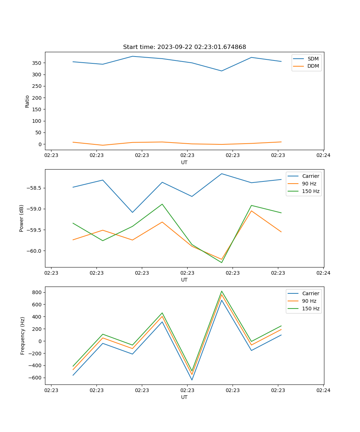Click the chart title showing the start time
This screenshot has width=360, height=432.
[x=184, y=47]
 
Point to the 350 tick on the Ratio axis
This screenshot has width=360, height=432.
[x=38, y=63]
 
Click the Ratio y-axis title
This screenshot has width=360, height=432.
[x=27, y=101]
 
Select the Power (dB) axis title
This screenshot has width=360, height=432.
[x=22, y=218]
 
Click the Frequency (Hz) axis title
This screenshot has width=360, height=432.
[x=22, y=336]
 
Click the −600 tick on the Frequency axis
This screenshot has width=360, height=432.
[x=36, y=378]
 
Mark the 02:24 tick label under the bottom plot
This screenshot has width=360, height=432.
[x=323, y=390]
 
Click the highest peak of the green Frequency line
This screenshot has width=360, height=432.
[x=222, y=291]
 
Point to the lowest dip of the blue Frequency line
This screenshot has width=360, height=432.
[x=192, y=380]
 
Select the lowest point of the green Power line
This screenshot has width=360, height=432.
[x=222, y=262]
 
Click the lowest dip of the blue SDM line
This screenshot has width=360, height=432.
[x=222, y=71]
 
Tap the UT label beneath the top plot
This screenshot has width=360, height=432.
[x=184, y=162]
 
